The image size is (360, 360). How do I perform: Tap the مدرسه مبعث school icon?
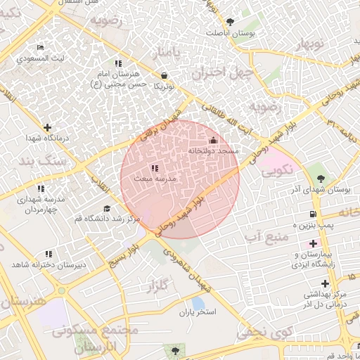pyautogui.click(x=155, y=169)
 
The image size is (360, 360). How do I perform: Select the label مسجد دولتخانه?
pyautogui.click(x=214, y=151)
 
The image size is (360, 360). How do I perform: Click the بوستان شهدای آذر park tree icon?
pyautogui.click(x=321, y=179)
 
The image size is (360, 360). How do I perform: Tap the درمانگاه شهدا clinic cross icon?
pyautogui.click(x=47, y=128)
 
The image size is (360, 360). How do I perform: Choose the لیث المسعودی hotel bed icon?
pyautogui.click(x=40, y=47)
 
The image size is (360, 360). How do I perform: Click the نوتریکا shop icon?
pyautogui.click(x=164, y=75)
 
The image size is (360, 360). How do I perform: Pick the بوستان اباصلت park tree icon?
pyautogui.click(x=229, y=21)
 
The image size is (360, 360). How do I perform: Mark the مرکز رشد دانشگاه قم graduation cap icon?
pyautogui.click(x=106, y=208)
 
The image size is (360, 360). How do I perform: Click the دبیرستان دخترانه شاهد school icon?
pyautogui.click(x=49, y=253)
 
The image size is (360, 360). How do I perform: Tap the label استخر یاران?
pyautogui.click(x=197, y=311)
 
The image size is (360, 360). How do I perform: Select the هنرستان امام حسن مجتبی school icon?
pyautogui.click(x=118, y=63)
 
